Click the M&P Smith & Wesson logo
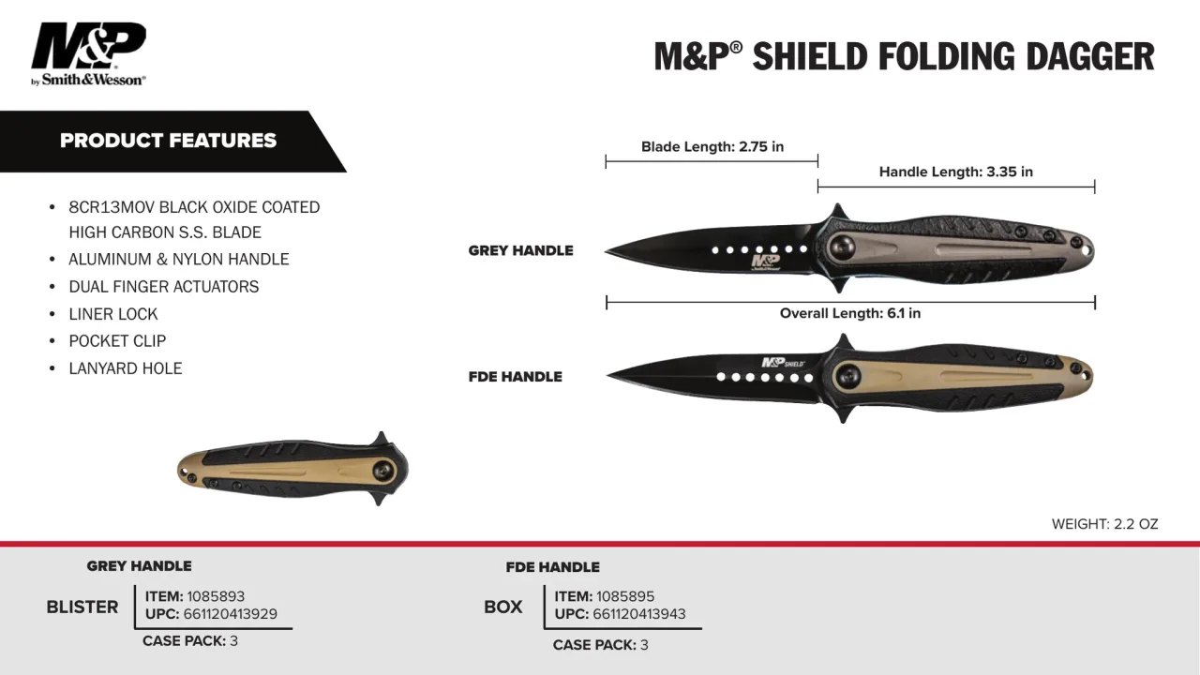[x=88, y=53]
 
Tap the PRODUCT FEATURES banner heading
[x=168, y=141]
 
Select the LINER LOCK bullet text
[x=113, y=314]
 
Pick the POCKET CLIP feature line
[x=117, y=340]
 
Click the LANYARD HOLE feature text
[x=126, y=368]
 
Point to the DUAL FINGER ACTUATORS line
[x=163, y=287]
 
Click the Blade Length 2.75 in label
[x=712, y=146]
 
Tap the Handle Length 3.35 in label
[x=955, y=172]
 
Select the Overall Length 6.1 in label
[x=850, y=313]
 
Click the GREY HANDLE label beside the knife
[x=520, y=250]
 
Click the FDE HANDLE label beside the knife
[x=516, y=377]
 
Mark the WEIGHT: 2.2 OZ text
[x=1104, y=524]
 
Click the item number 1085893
[x=216, y=596]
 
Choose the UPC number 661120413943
[x=639, y=614]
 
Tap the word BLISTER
[x=82, y=607]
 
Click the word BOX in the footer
[x=503, y=607]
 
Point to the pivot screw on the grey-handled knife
[x=842, y=248]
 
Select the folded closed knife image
[x=292, y=470]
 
